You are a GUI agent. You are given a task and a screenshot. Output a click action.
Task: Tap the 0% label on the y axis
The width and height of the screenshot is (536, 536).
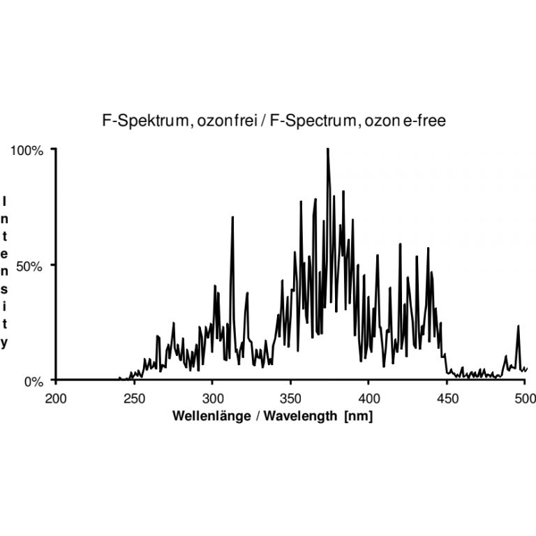[x=36, y=381]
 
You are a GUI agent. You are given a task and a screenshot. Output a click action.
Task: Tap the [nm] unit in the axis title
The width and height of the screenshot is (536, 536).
[x=357, y=417]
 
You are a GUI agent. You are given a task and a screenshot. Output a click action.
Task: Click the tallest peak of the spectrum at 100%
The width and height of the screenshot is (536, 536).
[x=327, y=149]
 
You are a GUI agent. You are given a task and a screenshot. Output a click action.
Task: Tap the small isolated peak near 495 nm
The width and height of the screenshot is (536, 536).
[x=518, y=327]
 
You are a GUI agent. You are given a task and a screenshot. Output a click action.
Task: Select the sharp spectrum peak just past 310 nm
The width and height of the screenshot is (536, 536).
[x=232, y=218]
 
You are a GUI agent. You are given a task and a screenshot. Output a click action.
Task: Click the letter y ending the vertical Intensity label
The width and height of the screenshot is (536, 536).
[x=5, y=342]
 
